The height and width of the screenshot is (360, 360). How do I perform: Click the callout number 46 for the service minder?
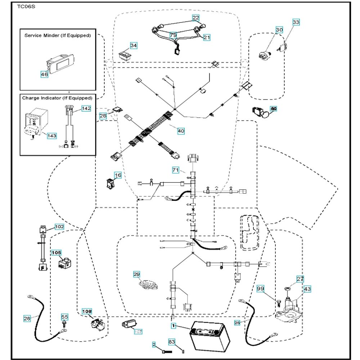[x=44, y=75]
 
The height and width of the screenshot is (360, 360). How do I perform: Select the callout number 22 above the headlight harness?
[x=195, y=18]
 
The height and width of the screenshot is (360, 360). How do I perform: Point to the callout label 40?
[x=181, y=131]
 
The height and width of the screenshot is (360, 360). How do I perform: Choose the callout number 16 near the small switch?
[x=118, y=175]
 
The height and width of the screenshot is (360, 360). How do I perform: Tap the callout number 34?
[x=134, y=46]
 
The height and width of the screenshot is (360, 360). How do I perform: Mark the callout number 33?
[x=296, y=22]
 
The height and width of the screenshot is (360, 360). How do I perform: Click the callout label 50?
[x=273, y=108]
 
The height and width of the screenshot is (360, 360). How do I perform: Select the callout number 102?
[x=59, y=227]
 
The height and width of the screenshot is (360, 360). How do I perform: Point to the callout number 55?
[x=64, y=317]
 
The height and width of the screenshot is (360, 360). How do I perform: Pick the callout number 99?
[x=261, y=289]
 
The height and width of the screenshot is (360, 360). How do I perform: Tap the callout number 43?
[x=307, y=289]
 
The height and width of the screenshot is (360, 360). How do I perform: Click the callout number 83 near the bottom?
[x=172, y=341]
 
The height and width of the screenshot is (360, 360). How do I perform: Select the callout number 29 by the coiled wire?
[x=137, y=274]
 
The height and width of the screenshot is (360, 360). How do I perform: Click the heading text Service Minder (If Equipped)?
[x=58, y=36]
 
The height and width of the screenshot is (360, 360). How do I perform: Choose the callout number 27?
[x=300, y=279]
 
